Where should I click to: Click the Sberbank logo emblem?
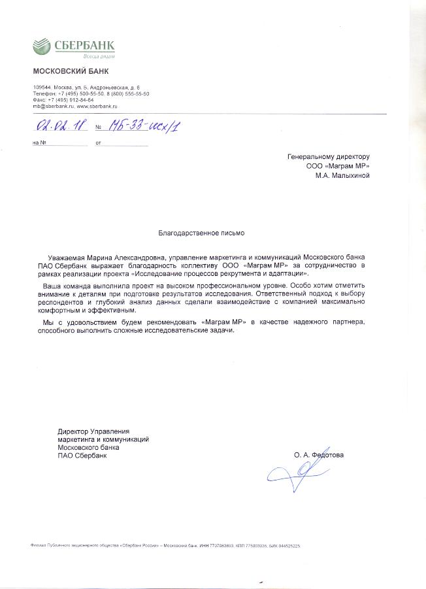[41, 47]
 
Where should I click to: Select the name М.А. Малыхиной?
[342, 175]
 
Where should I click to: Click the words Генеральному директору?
[329, 157]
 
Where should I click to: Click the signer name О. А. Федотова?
[318, 454]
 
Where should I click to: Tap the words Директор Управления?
[93, 431]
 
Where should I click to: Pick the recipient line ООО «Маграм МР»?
[338, 166]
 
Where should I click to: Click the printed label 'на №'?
[38, 143]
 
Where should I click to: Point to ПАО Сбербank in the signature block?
[81, 456]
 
